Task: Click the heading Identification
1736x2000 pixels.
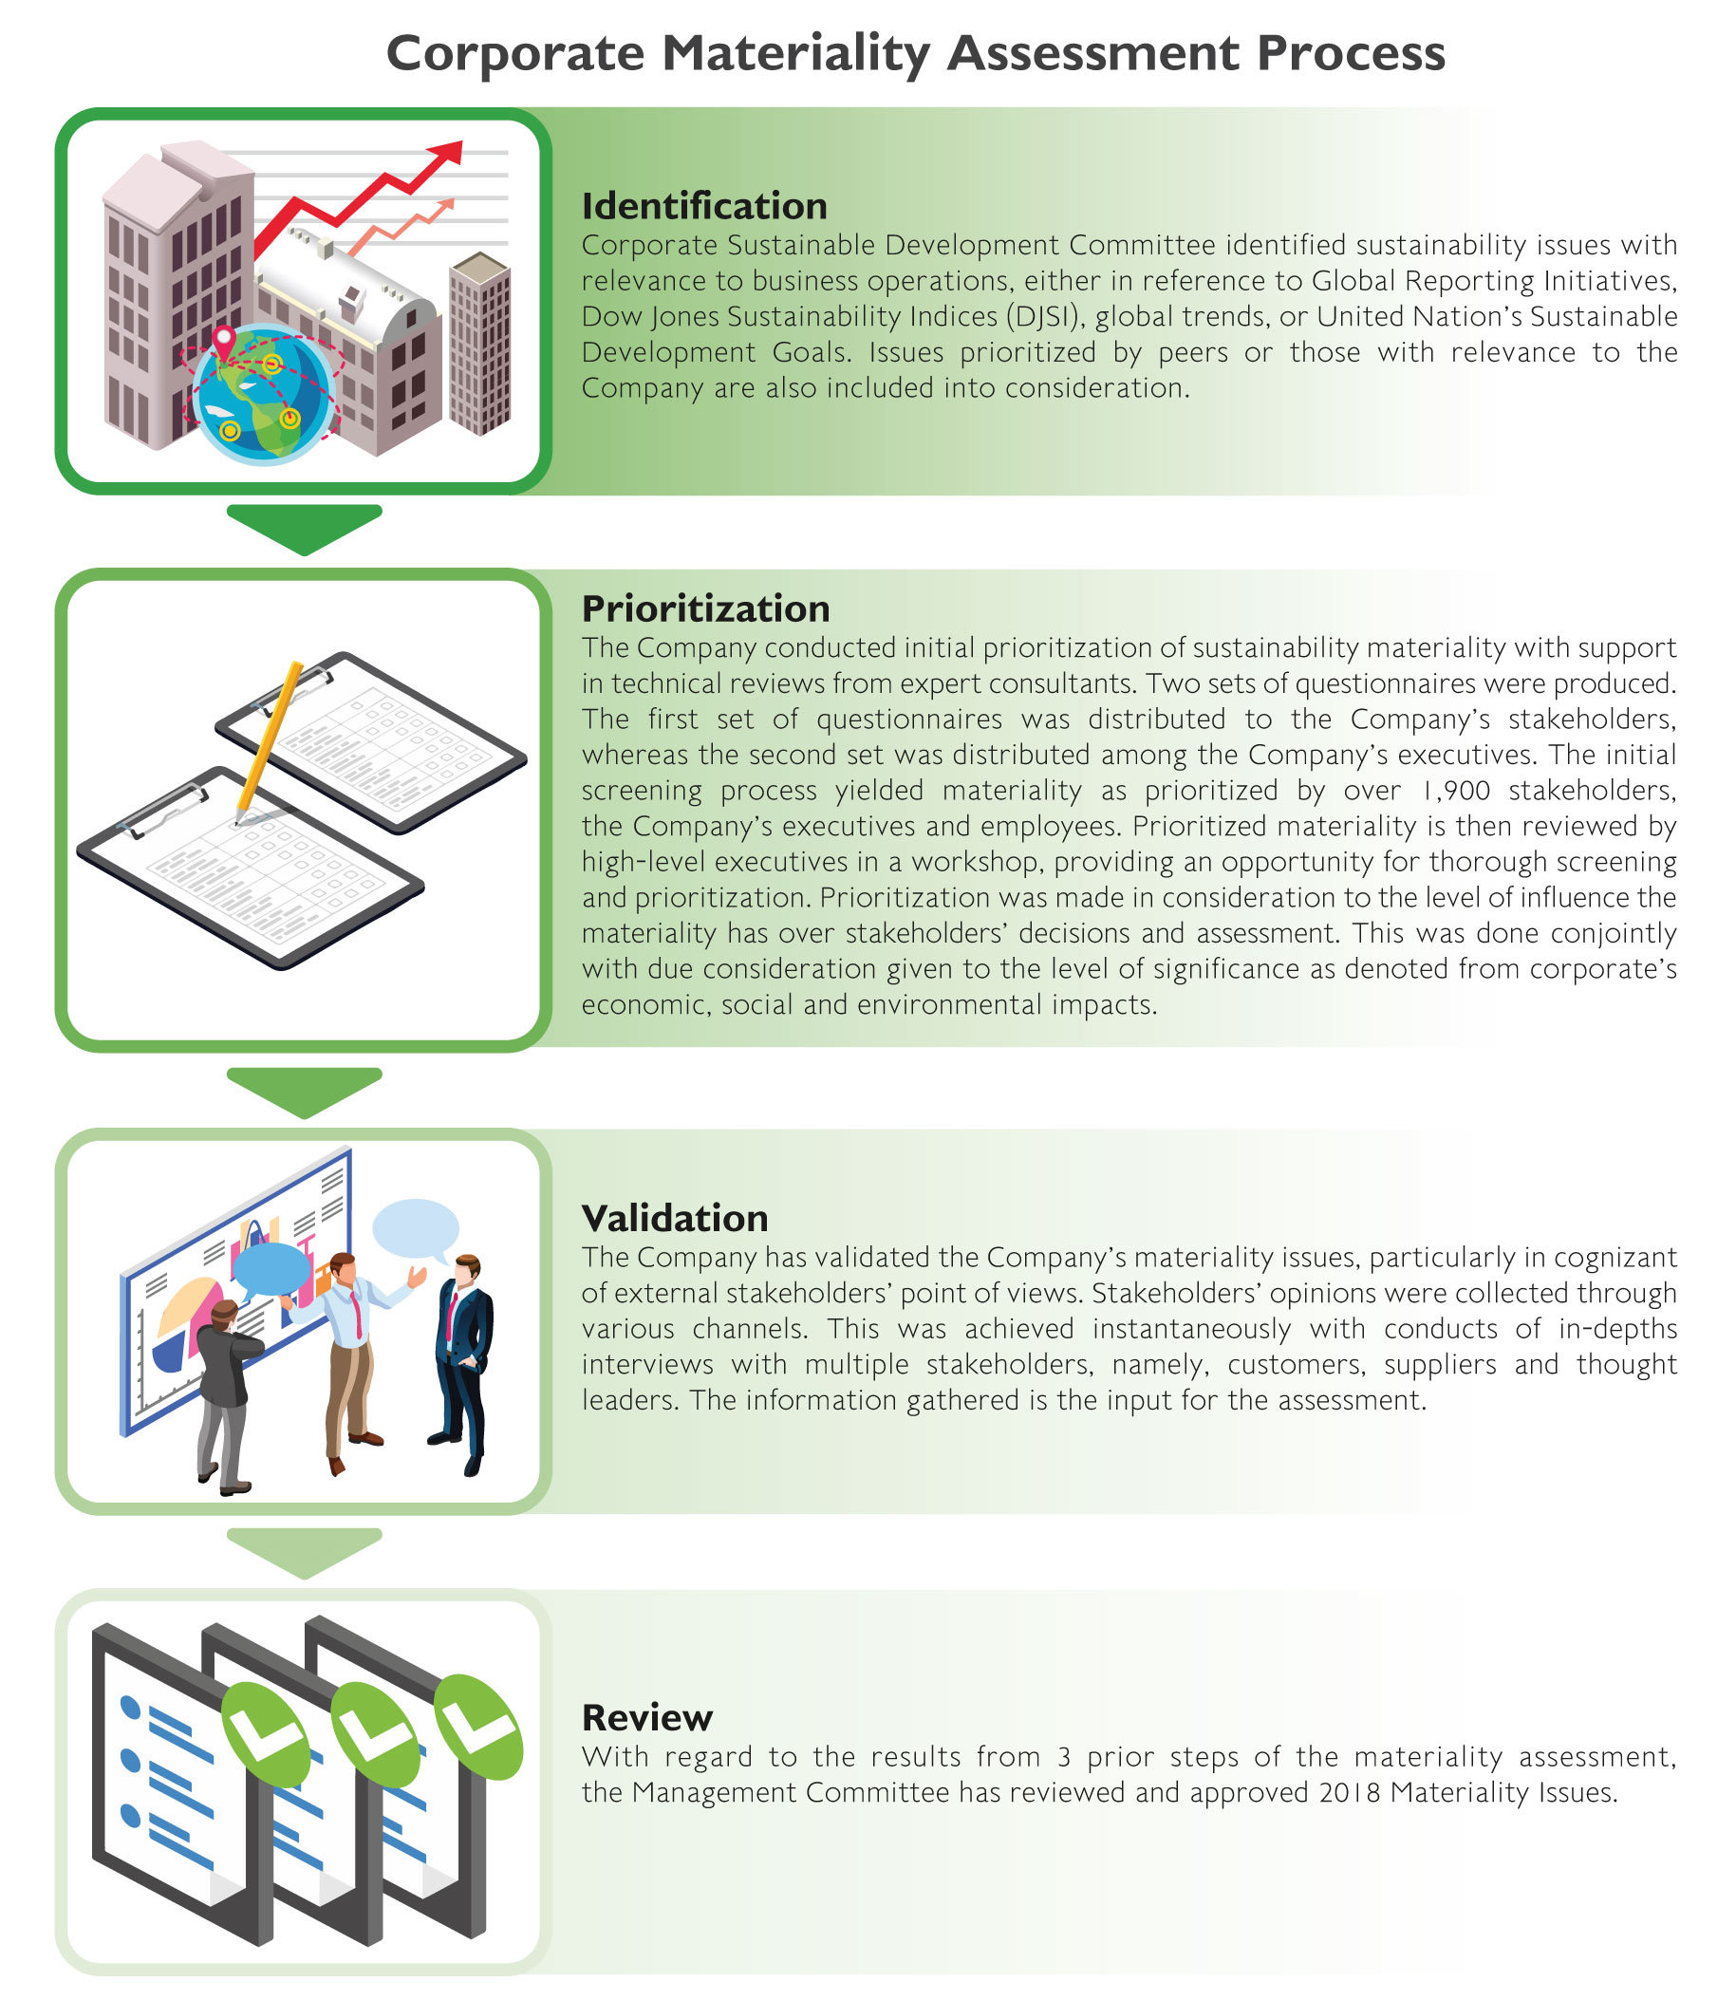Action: [704, 206]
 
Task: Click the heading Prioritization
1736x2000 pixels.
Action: [706, 608]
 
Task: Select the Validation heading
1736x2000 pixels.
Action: [675, 1218]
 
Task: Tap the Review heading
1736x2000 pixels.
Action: [647, 1717]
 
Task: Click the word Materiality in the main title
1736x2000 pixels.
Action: [795, 53]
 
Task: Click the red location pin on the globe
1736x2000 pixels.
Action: [225, 342]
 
